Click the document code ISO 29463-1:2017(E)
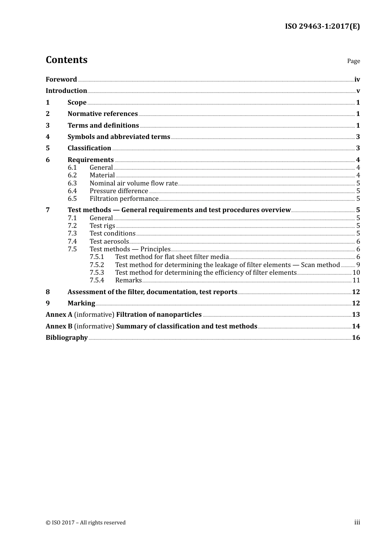tap(322, 27)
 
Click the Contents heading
tap(66, 60)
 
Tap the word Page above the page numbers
tap(353, 61)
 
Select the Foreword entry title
tap(61, 80)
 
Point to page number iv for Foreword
tap(357, 80)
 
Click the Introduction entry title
tap(66, 91)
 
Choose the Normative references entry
tap(103, 114)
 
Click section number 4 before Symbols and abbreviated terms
tap(48, 137)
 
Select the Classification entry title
tap(89, 148)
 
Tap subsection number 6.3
tap(72, 183)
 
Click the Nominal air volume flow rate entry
tap(133, 183)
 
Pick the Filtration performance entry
tap(124, 199)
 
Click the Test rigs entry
tap(102, 226)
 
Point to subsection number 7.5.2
tap(97, 265)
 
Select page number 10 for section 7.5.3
tap(356, 273)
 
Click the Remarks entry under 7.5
tap(128, 280)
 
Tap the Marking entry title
tap(81, 303)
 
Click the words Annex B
tap(59, 326)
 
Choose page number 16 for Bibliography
tap(356, 338)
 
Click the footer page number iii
tap(357, 522)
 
